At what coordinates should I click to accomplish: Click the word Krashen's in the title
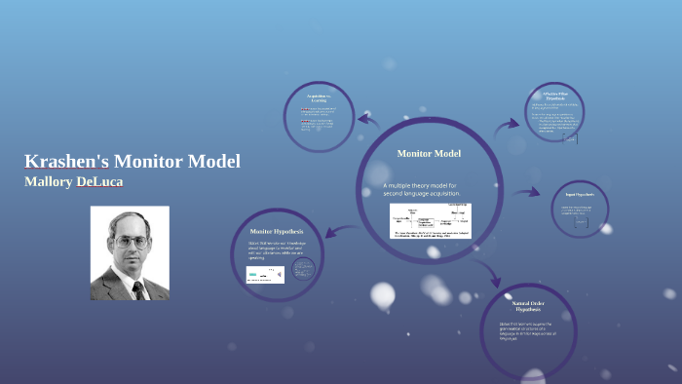(x=66, y=162)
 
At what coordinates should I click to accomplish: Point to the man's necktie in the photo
(x=137, y=289)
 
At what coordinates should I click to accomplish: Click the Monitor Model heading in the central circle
(x=429, y=154)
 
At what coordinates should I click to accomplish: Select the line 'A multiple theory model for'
(x=426, y=185)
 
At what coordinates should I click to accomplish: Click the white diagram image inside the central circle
(x=430, y=221)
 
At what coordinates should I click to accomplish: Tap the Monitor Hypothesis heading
(x=277, y=230)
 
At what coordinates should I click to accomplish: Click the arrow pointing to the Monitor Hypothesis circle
(x=333, y=232)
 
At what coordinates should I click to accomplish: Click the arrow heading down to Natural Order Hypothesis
(x=484, y=271)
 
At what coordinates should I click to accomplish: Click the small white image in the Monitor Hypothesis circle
(x=265, y=275)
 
